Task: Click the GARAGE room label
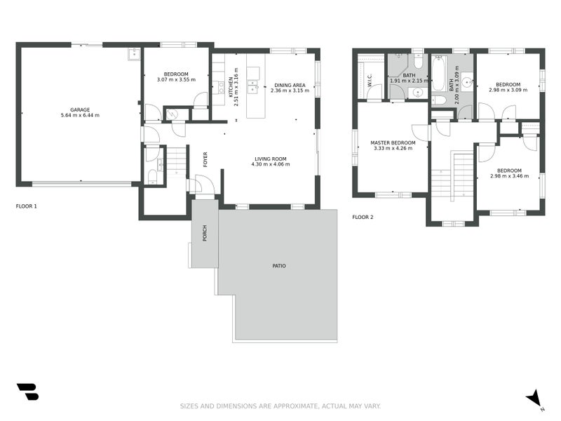click(x=80, y=110)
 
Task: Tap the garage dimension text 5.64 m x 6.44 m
click(x=80, y=115)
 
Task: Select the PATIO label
click(x=279, y=266)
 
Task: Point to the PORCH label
click(x=205, y=233)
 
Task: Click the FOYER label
click(x=205, y=160)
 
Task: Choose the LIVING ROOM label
click(x=271, y=159)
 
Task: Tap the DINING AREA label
click(x=290, y=85)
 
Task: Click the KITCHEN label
click(x=231, y=87)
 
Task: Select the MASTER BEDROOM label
click(x=393, y=143)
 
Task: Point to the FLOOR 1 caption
click(x=27, y=206)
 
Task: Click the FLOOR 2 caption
click(x=363, y=217)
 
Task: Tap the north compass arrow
click(x=534, y=398)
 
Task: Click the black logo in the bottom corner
click(x=27, y=392)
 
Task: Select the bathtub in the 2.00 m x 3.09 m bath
click(x=438, y=74)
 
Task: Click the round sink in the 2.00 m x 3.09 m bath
click(x=467, y=83)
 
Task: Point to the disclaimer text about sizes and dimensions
click(x=280, y=406)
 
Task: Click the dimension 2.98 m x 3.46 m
click(x=509, y=176)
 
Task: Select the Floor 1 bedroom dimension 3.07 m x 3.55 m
click(x=176, y=79)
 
